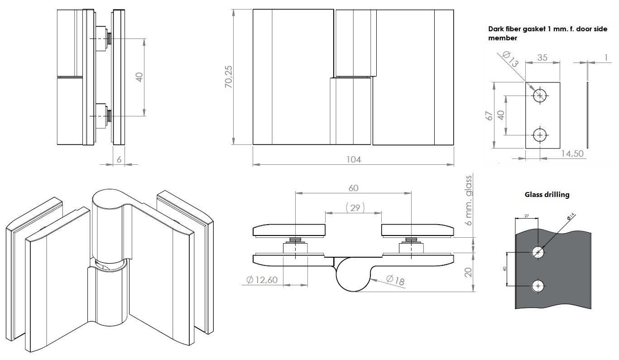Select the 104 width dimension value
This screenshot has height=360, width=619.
tap(353, 159)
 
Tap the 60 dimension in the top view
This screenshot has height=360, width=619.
tap(353, 187)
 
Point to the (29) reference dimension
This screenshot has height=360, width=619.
tap(355, 208)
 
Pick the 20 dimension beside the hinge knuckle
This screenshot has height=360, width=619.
tap(468, 272)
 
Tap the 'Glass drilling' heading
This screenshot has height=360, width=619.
tap(547, 195)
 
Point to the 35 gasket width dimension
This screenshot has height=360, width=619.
tap(542, 58)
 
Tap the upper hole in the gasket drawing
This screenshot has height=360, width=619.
tap(540, 96)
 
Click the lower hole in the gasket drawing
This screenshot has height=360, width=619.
tap(540, 134)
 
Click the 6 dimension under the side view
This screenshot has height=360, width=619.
tap(119, 159)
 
